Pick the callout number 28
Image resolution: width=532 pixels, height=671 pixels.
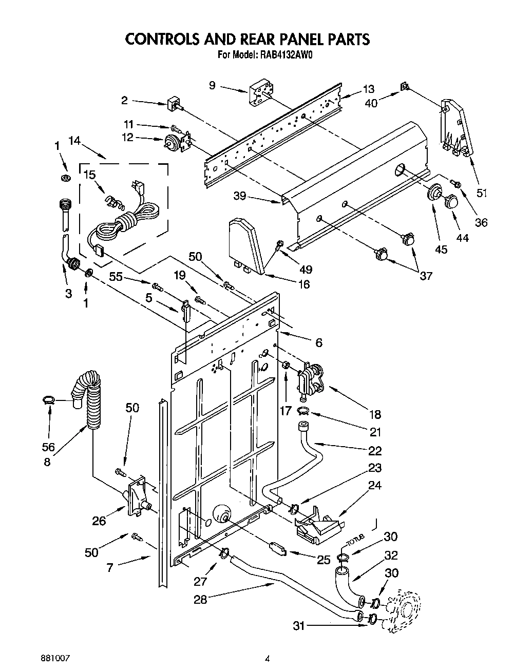(x=200, y=599)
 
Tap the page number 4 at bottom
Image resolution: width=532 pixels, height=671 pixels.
(x=268, y=658)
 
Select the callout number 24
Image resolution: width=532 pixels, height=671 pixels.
(x=375, y=485)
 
